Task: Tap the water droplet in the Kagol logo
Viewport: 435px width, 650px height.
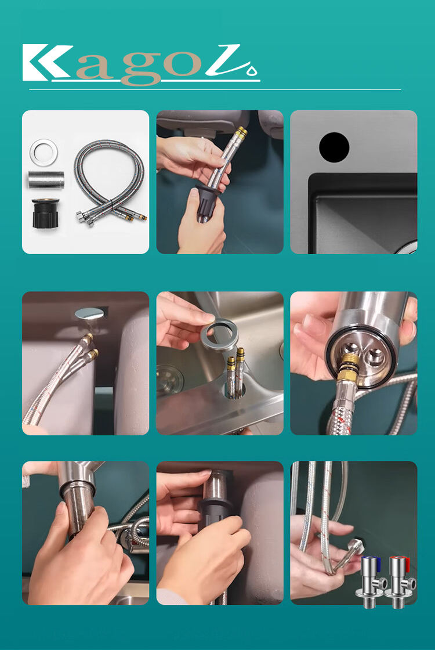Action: pyautogui.click(x=252, y=70)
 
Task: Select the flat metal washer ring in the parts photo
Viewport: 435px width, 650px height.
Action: pyautogui.click(x=43, y=152)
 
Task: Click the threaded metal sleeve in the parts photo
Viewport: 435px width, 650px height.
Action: pyautogui.click(x=46, y=179)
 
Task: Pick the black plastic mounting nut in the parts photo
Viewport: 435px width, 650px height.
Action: pyautogui.click(x=46, y=213)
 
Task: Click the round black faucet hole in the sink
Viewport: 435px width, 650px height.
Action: pyautogui.click(x=334, y=147)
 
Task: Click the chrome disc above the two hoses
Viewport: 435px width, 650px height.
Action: pyautogui.click(x=89, y=314)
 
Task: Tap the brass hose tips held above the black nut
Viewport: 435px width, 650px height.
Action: pyautogui.click(x=240, y=133)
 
